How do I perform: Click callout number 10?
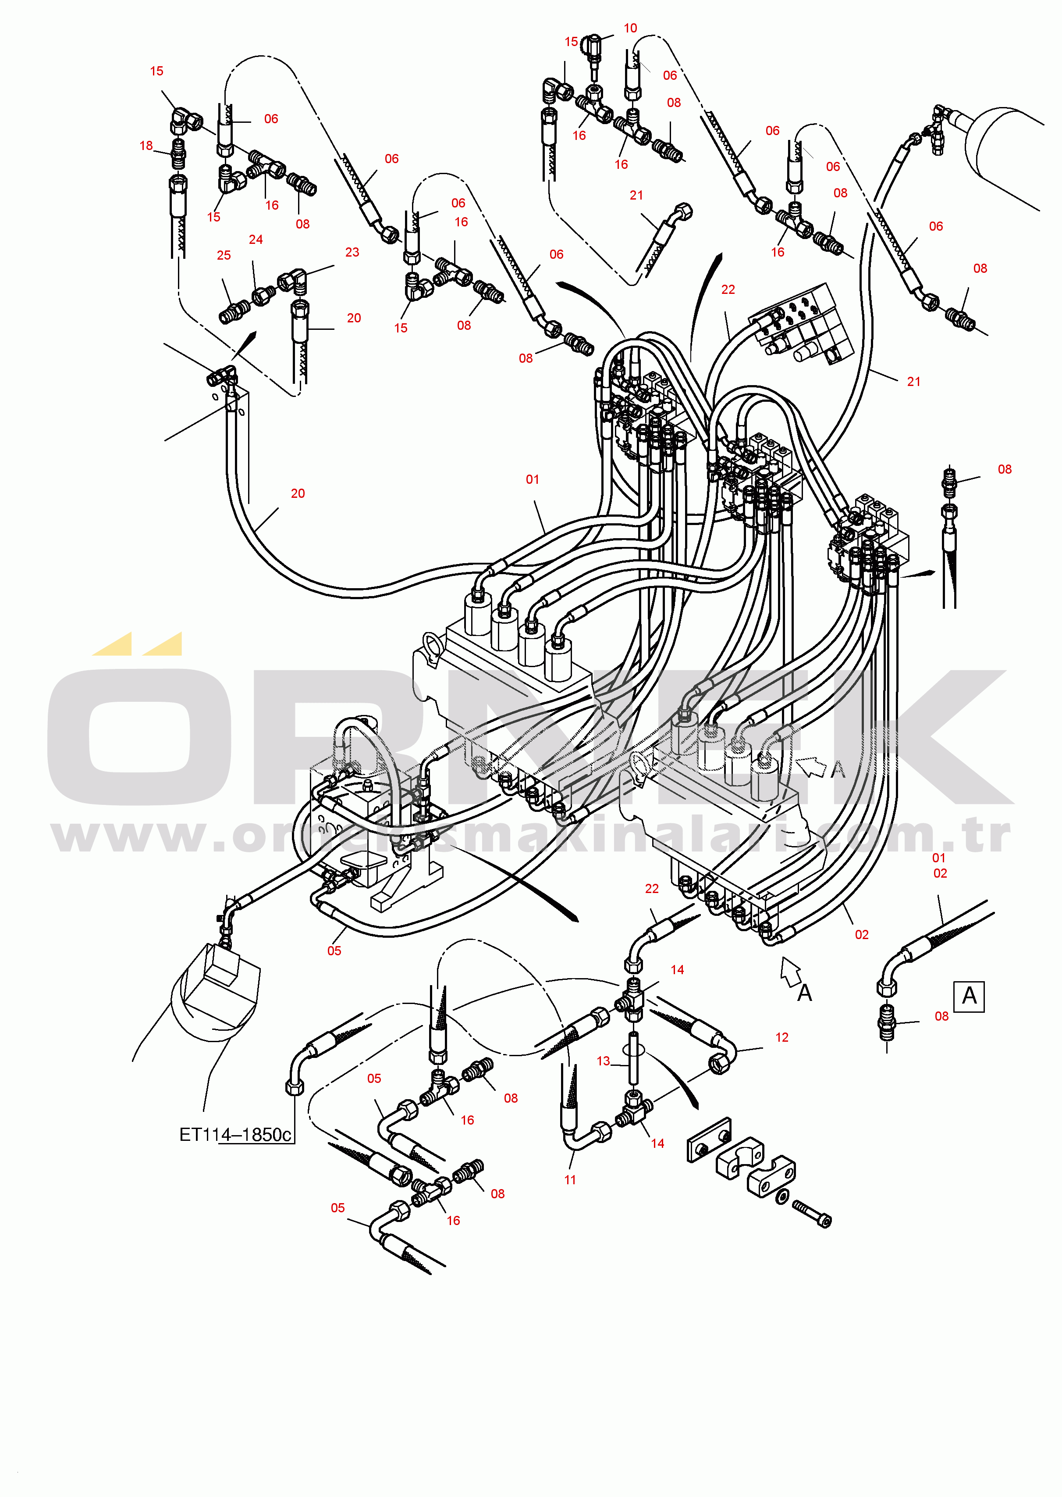pyautogui.click(x=630, y=28)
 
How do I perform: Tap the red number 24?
pyautogui.click(x=256, y=240)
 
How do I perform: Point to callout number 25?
pyautogui.click(x=224, y=256)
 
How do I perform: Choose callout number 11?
pyautogui.click(x=570, y=1180)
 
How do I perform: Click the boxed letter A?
pyautogui.click(x=969, y=997)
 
